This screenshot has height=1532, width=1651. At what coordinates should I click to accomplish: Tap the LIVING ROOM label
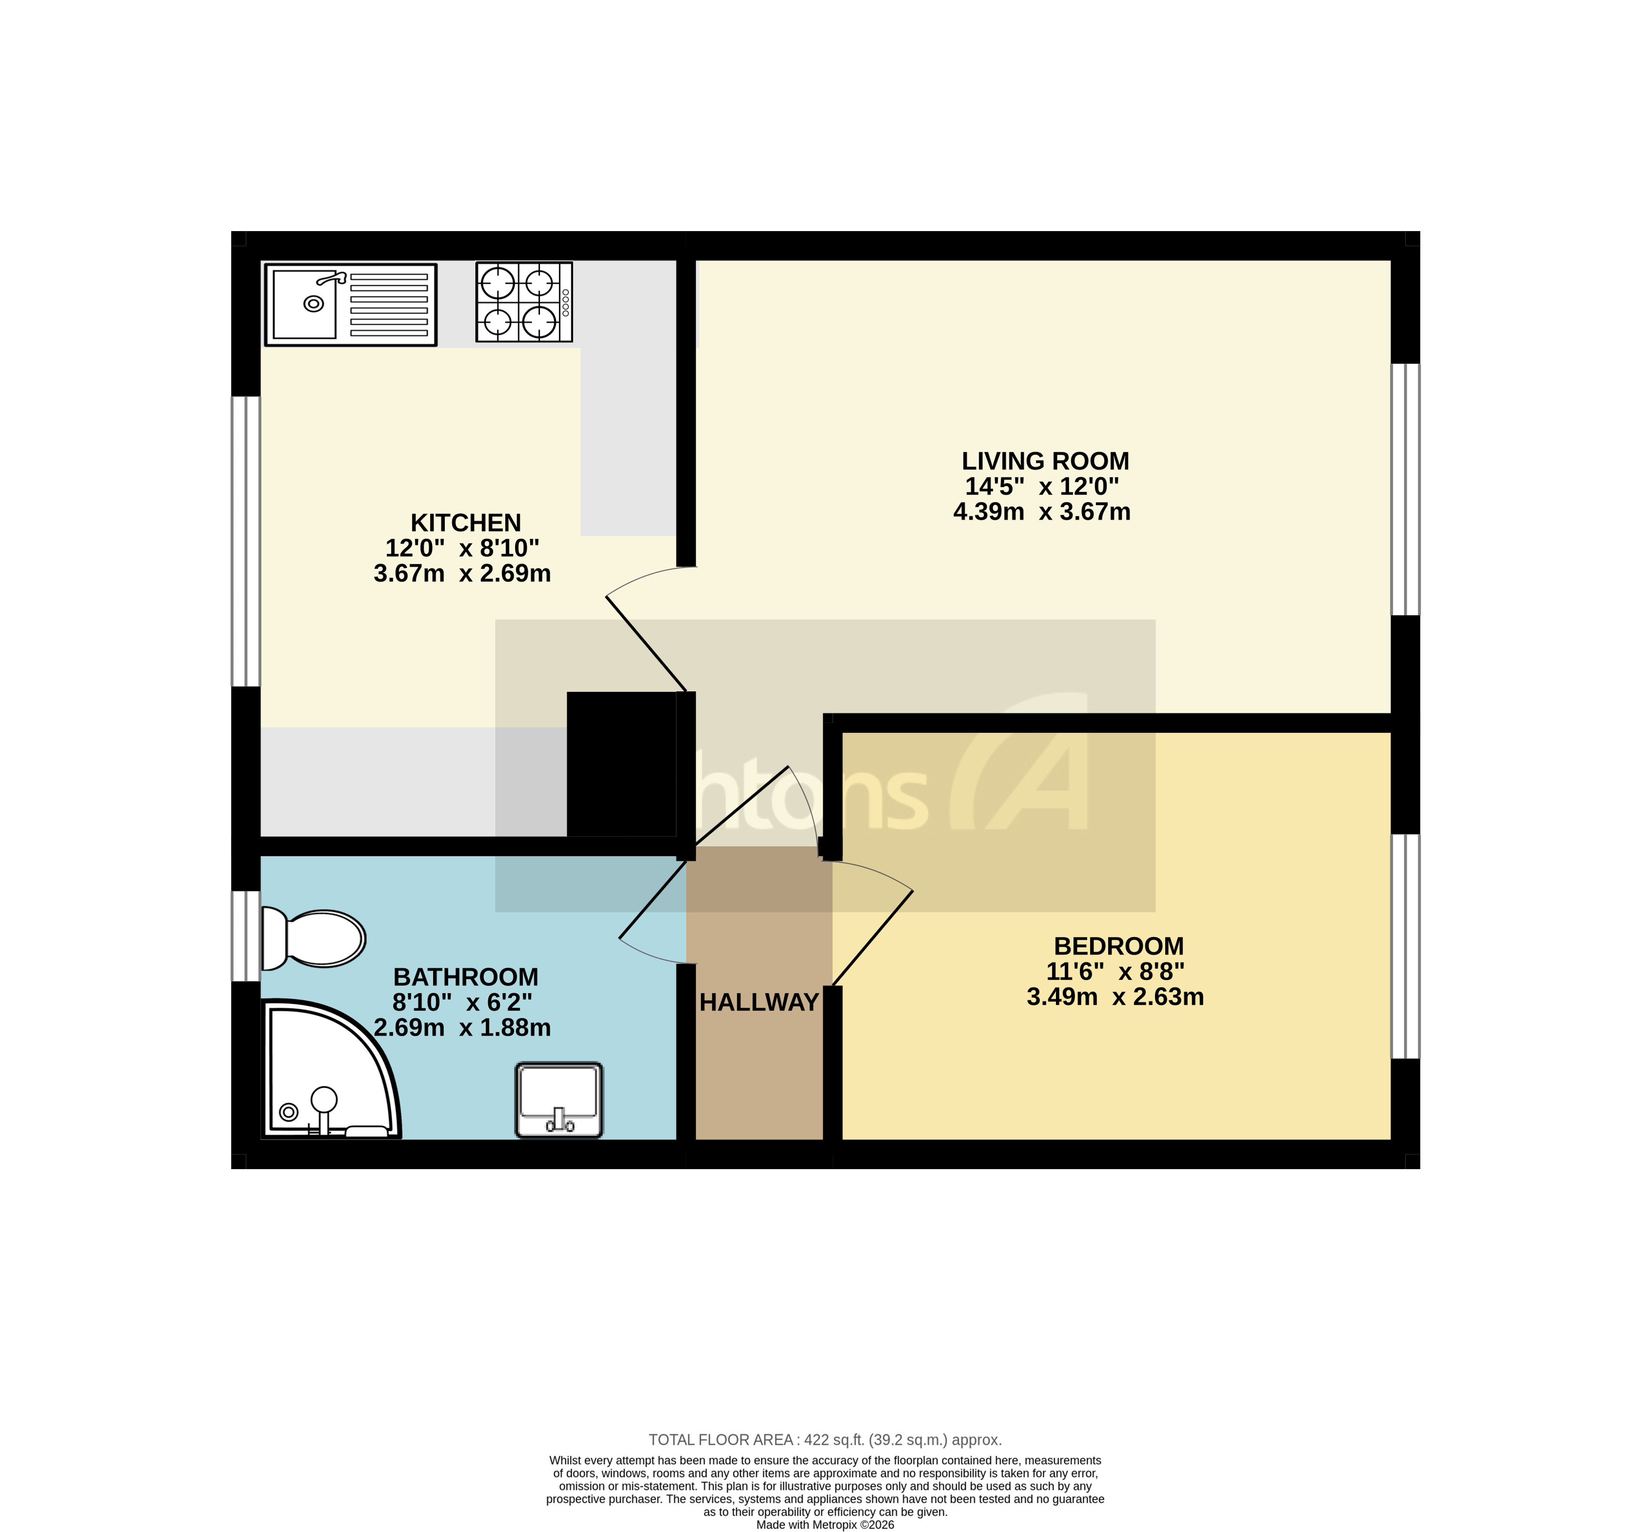1045,461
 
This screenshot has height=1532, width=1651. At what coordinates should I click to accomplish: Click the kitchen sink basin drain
314,304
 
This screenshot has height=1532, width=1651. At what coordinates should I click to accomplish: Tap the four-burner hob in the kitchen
523,302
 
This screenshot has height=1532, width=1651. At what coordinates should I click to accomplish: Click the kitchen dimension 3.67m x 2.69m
462,574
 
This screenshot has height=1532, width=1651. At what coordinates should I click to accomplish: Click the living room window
1405,489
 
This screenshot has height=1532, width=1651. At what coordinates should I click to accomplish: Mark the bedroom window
1405,946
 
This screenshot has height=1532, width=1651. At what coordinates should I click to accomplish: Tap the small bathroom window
245,936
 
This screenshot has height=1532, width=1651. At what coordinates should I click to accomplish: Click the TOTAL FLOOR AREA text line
825,1440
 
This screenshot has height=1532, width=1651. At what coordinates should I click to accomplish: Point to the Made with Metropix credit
825,1524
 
